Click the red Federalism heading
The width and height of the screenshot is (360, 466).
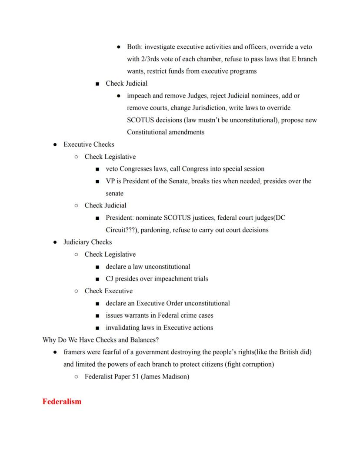click(62, 402)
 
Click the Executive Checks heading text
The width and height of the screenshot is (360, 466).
click(89, 144)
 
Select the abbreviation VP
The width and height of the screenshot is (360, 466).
click(110, 181)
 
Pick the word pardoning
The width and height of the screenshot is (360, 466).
click(155, 230)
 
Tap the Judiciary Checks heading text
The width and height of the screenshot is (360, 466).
click(87, 242)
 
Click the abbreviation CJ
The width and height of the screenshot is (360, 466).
click(110, 278)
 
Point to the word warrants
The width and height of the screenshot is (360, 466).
click(140, 315)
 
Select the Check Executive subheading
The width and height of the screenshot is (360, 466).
click(108, 291)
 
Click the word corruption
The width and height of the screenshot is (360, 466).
click(257, 364)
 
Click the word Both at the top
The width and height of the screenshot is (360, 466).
click(134, 47)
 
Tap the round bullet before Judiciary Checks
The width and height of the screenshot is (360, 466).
click(55, 242)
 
